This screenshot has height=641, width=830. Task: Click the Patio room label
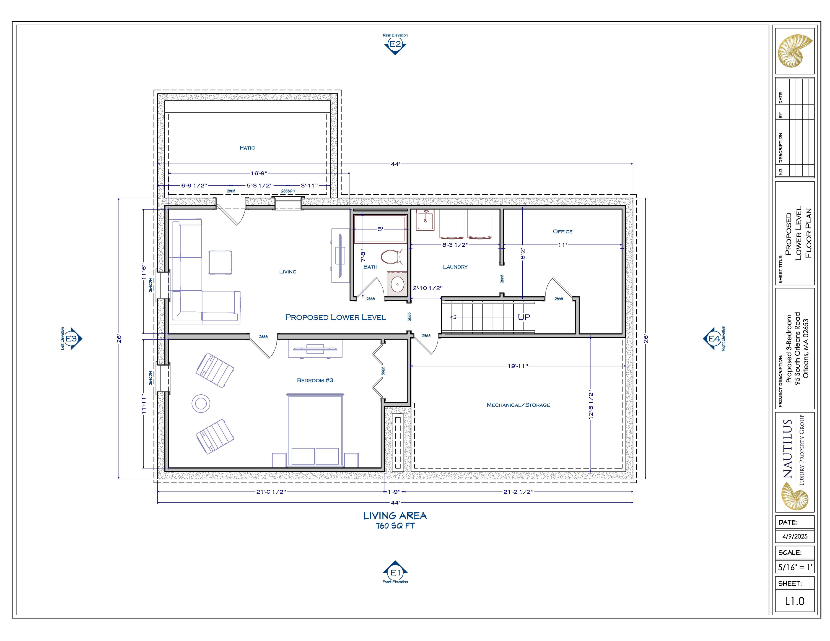click(x=247, y=148)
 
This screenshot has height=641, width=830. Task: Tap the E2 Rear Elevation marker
click(x=395, y=44)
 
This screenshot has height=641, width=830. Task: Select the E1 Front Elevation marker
click(x=395, y=572)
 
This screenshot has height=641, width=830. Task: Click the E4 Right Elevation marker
click(x=714, y=338)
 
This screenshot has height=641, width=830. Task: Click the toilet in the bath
click(x=393, y=257)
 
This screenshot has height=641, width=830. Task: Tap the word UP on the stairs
click(x=524, y=317)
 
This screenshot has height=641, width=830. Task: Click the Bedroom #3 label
click(x=315, y=380)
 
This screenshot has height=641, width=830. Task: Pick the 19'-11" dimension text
click(x=518, y=366)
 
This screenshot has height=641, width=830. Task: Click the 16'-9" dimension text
click(x=259, y=174)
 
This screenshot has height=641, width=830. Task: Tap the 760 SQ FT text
click(x=395, y=526)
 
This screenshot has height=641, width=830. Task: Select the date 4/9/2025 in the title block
click(x=795, y=536)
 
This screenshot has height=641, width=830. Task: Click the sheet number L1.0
click(x=795, y=601)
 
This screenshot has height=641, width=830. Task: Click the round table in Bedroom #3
click(x=201, y=403)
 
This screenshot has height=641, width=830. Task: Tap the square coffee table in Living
click(x=220, y=262)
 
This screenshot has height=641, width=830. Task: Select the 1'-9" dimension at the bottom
click(x=394, y=492)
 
